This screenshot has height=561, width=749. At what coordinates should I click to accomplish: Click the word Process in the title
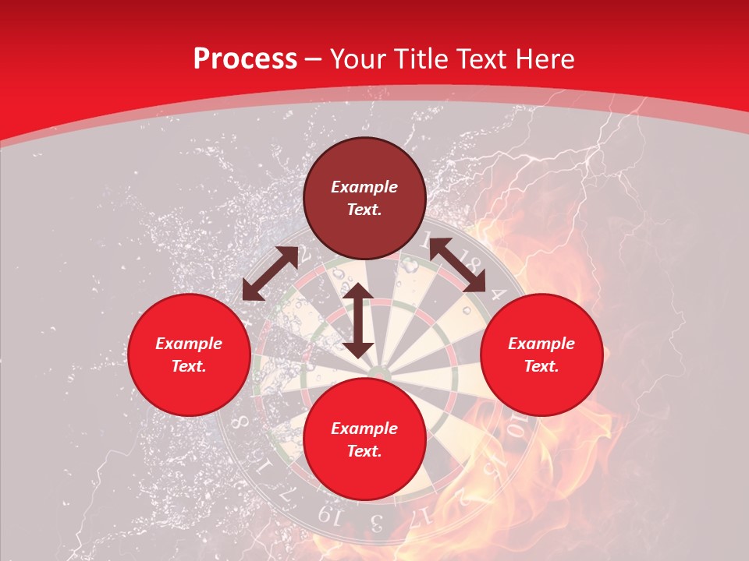(245, 59)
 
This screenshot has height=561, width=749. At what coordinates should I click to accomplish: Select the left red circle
(189, 355)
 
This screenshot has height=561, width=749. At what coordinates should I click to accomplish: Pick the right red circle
(541, 355)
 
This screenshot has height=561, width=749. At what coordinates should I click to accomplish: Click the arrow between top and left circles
(270, 273)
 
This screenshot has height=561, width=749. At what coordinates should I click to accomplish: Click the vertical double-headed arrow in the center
(357, 320)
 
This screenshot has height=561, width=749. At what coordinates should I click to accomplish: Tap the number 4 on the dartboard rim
(497, 296)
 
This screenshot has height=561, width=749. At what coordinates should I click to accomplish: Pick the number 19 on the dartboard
(328, 515)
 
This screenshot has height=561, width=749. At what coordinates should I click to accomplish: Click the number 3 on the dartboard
(376, 520)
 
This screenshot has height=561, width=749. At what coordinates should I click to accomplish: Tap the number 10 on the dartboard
(516, 427)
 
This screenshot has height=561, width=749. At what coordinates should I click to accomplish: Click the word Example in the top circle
(364, 187)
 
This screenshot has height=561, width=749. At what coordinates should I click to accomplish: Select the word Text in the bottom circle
(363, 451)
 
